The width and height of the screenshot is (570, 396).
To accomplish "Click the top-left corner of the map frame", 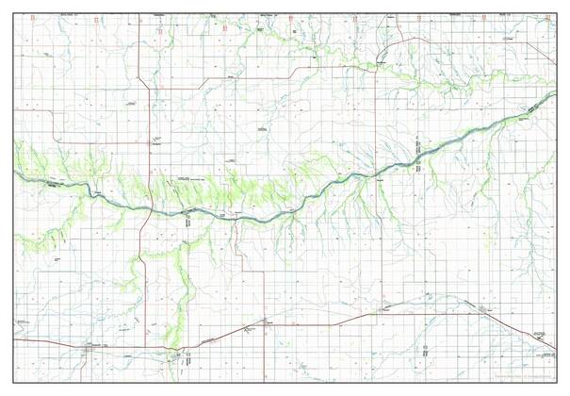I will (x=14, y=12).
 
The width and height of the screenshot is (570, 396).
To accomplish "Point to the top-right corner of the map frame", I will (x=556, y=12).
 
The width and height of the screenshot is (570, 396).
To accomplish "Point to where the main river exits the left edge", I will (x=15, y=173).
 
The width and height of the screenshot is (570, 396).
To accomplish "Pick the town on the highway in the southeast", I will (x=486, y=310).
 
